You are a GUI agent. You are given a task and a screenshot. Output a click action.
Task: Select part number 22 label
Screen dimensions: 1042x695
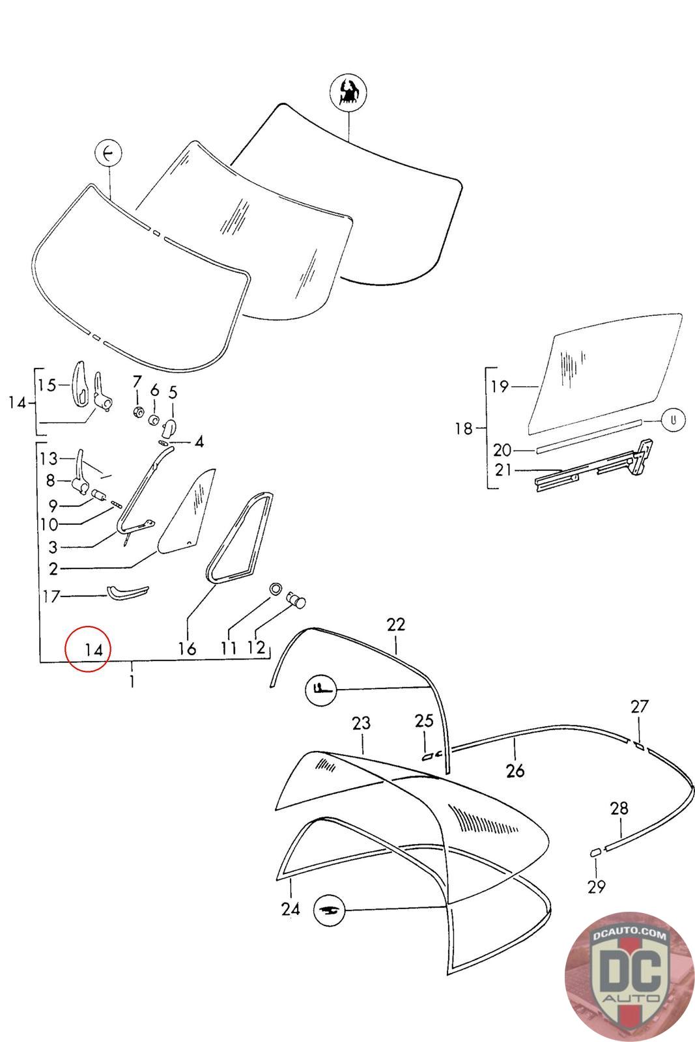point(395,625)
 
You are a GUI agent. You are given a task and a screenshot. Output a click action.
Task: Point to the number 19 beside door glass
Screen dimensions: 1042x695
point(500,387)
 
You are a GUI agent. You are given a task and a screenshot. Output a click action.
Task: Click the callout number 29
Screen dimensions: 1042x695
point(596,886)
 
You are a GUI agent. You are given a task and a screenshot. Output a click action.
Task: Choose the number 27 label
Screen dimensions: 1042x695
point(640,706)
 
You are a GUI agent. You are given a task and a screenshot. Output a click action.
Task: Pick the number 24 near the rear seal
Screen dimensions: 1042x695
point(291,908)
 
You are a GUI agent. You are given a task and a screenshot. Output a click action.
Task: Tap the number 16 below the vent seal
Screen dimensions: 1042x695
point(187,649)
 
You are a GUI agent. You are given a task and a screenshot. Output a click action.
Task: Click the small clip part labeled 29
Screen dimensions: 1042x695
point(594,852)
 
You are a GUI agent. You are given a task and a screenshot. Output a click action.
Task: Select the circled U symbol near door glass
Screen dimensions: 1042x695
point(673,420)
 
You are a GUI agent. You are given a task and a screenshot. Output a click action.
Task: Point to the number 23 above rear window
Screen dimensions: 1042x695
point(361,723)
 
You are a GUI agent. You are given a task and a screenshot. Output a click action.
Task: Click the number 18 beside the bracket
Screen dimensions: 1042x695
point(464,429)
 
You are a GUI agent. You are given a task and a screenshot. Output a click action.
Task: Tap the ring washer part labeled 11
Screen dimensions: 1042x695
point(276,588)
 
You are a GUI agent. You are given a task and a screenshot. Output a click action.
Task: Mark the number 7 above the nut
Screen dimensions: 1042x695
point(137,381)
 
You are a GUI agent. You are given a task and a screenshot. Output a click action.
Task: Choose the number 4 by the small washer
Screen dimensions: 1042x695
point(199,442)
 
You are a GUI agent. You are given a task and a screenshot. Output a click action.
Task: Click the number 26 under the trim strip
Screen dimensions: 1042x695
point(515,771)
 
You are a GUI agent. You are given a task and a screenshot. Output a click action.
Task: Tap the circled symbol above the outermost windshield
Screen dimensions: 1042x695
point(348,92)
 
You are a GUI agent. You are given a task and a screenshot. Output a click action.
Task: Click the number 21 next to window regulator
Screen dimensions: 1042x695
point(503,469)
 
